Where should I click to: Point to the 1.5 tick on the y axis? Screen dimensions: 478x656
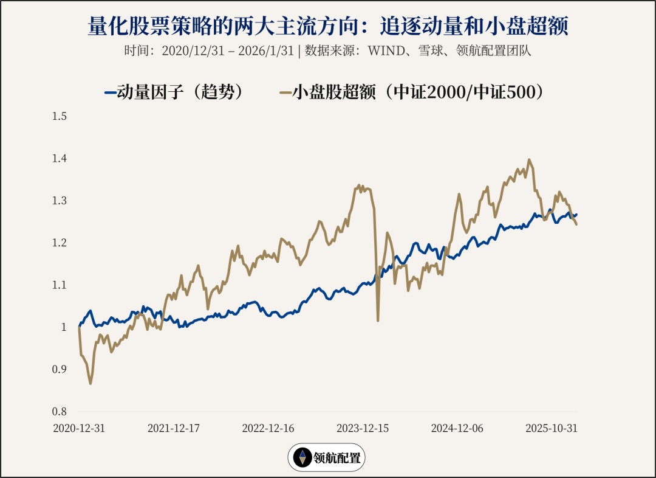click(x=60, y=116)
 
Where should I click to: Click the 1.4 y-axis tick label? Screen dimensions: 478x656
click(x=60, y=159)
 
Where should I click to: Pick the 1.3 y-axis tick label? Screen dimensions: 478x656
click(x=60, y=201)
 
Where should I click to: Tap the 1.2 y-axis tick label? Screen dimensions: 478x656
click(x=60, y=243)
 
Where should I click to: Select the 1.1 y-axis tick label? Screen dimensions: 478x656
click(x=60, y=285)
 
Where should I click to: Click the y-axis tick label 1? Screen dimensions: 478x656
click(x=63, y=327)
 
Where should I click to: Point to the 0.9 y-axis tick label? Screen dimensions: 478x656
click(x=60, y=369)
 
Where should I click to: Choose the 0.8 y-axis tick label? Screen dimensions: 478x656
click(x=60, y=411)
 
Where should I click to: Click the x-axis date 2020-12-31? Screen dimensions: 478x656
click(x=79, y=428)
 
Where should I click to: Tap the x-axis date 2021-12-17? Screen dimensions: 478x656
click(x=174, y=428)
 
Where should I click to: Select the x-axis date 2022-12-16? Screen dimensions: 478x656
click(x=268, y=428)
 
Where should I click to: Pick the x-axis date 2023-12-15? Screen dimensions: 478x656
click(x=363, y=428)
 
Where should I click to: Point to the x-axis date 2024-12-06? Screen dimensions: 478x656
click(x=457, y=428)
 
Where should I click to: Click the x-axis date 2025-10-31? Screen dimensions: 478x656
click(x=552, y=428)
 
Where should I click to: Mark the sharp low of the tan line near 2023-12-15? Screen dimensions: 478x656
click(x=378, y=320)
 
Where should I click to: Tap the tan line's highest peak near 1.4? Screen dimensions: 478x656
click(x=529, y=160)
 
